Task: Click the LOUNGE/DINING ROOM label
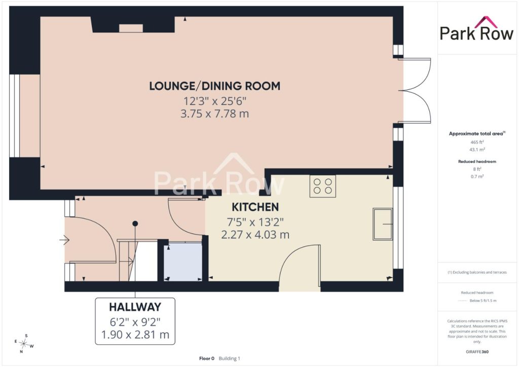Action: point(214,86)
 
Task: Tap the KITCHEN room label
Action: point(255,207)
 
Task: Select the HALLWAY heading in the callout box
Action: point(135,307)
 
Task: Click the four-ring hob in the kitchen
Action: point(323,186)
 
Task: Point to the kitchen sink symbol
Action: point(383,224)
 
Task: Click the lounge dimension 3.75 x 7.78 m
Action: point(214,114)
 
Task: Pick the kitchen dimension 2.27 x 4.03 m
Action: point(255,235)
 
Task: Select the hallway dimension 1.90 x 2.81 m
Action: point(135,335)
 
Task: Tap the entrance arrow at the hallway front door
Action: point(64,240)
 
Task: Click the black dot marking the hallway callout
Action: point(135,224)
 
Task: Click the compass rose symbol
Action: point(24,344)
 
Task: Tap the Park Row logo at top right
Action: point(476,29)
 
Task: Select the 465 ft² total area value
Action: point(477,142)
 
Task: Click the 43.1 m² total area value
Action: point(477,150)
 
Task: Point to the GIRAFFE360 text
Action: point(477,352)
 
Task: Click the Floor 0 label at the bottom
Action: point(207,358)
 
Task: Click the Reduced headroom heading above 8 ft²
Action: point(477,162)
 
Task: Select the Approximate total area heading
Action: point(477,134)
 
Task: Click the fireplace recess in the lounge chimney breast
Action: point(131,28)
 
